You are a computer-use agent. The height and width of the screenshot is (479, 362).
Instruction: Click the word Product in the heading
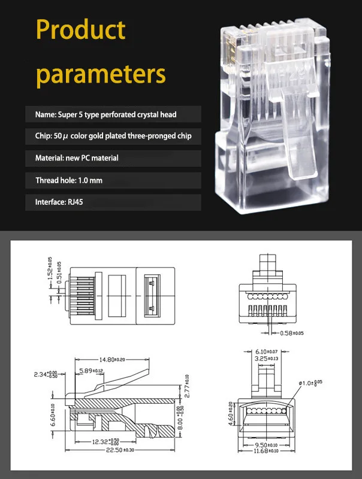tap(81, 30)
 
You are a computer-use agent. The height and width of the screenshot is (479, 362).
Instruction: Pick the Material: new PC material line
tap(77, 158)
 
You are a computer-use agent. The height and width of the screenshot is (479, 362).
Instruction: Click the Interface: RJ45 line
tap(59, 202)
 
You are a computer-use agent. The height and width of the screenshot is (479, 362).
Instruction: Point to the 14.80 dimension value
tap(110, 359)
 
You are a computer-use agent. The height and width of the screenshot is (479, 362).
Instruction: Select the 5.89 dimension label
tap(91, 371)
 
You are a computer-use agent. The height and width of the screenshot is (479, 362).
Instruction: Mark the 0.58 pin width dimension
tap(288, 333)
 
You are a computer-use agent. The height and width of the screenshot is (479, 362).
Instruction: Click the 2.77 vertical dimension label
tap(186, 386)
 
